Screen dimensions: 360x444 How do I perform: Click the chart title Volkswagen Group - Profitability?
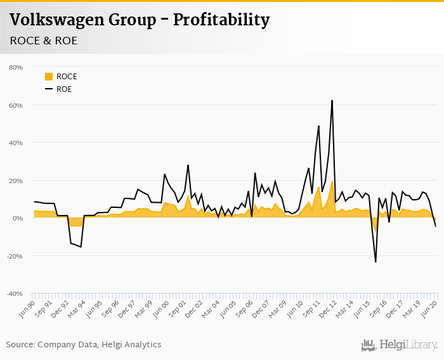click(140, 20)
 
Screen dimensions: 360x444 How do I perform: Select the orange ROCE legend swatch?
click(49, 77)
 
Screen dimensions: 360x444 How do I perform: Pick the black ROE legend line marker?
click(49, 89)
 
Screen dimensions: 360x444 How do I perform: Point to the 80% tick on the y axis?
click(15, 67)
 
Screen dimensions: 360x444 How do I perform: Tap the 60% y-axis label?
click(15, 105)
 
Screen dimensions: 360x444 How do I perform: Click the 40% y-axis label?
click(15, 143)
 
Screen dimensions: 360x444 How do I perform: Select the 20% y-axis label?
click(15, 181)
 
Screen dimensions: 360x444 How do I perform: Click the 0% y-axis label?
click(17, 218)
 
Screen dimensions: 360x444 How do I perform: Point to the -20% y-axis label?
click(15, 256)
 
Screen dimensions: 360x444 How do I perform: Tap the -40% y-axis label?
click(15, 293)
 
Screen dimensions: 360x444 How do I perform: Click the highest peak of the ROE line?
click(332, 101)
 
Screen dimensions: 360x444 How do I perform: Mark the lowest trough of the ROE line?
click(375, 261)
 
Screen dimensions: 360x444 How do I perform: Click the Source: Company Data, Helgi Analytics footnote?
click(84, 344)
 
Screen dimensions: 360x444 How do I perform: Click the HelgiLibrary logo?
click(400, 345)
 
